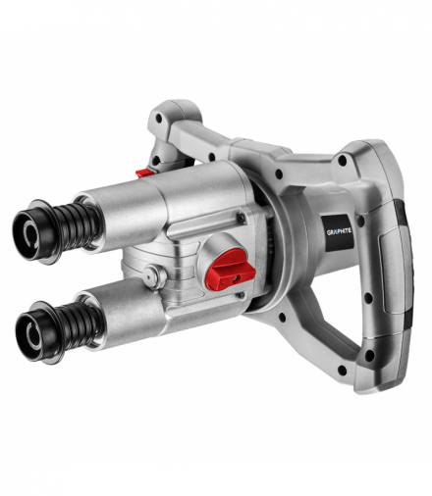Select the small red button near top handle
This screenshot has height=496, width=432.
coord(144,173)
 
